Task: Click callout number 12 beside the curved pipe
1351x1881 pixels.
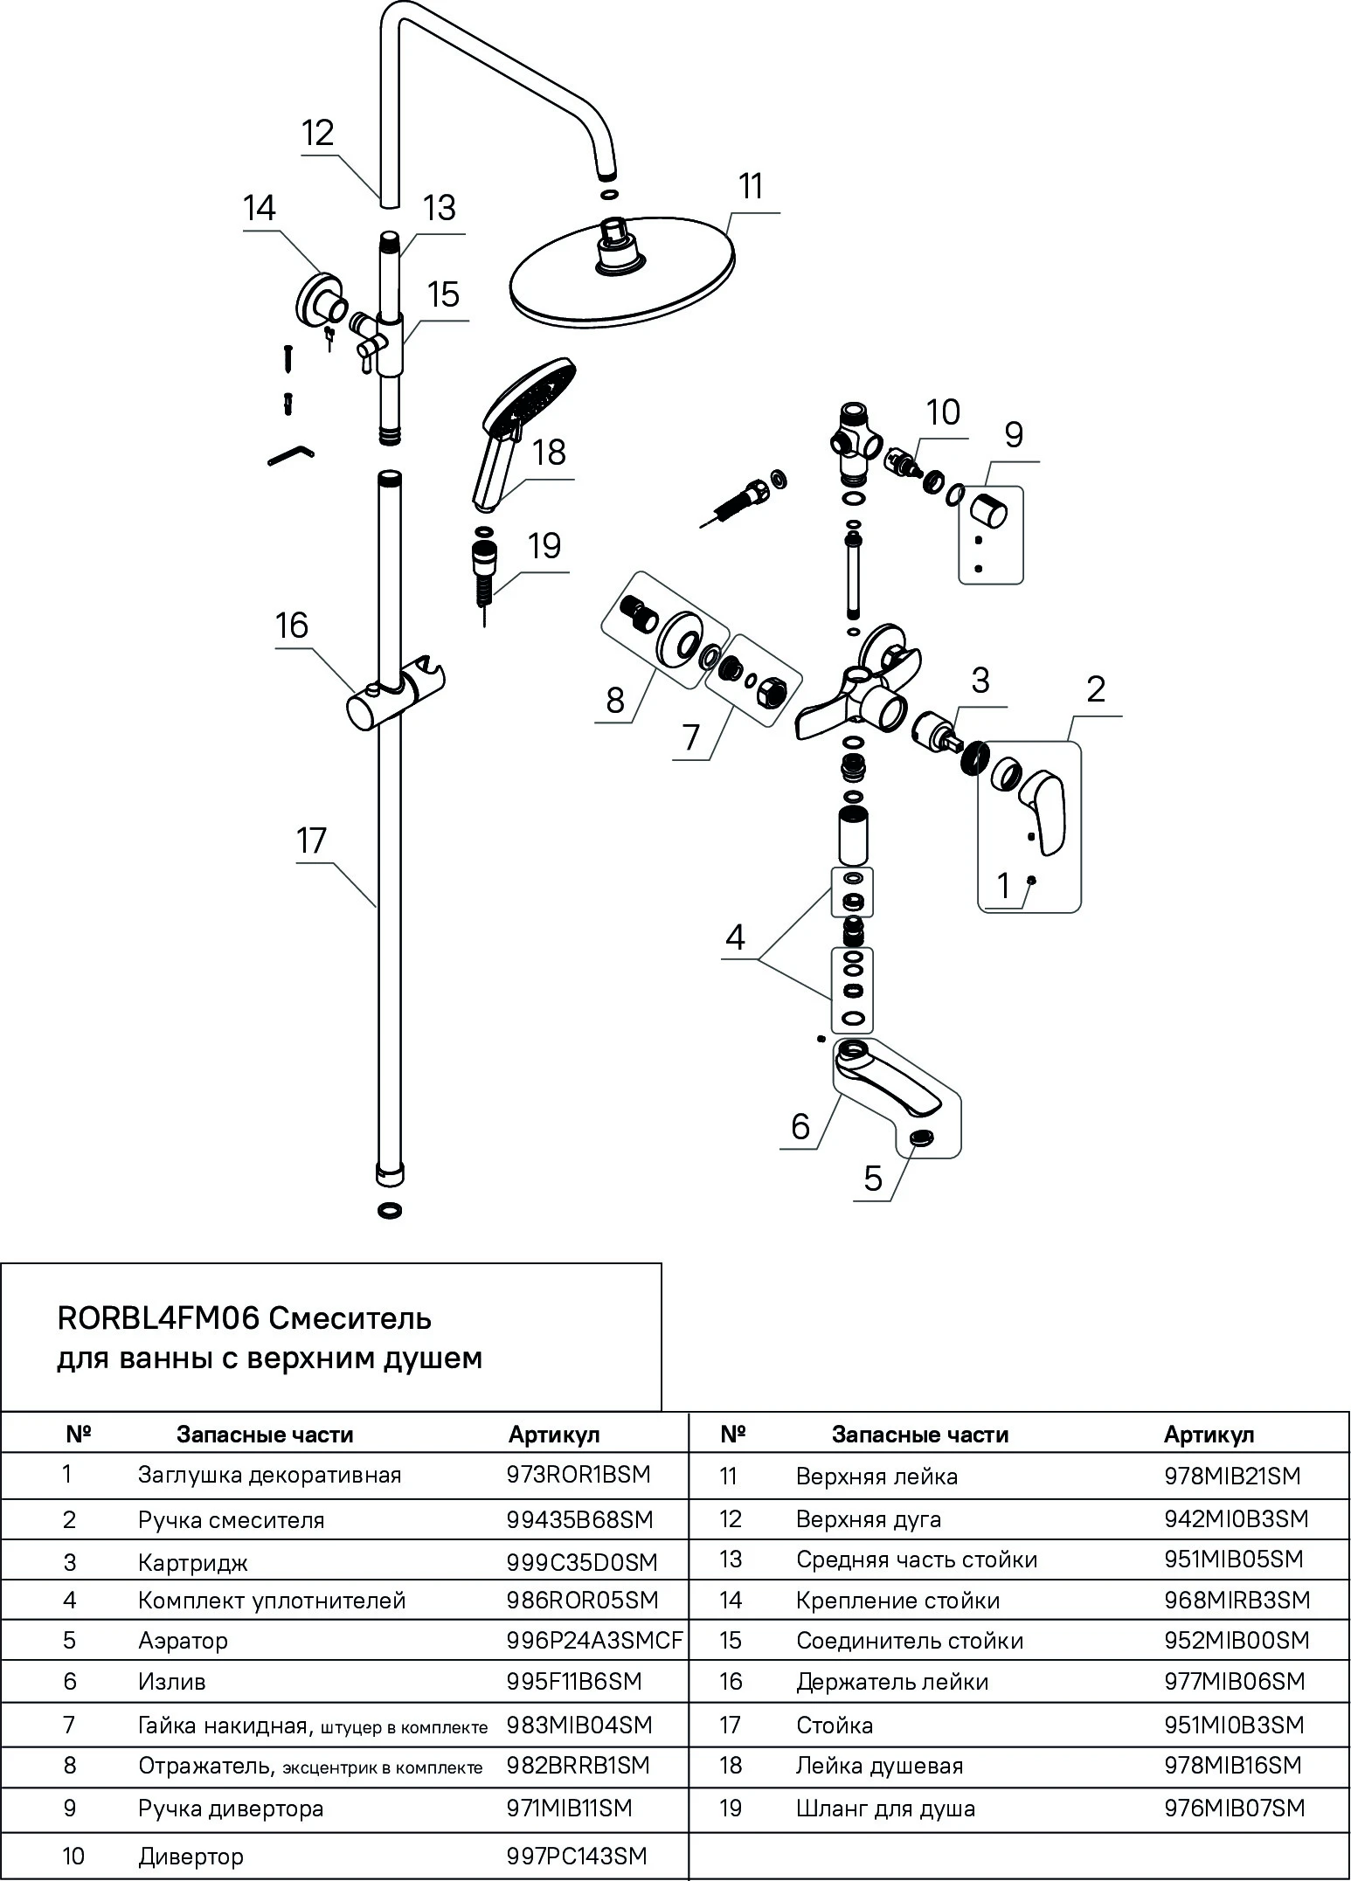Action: pos(318,134)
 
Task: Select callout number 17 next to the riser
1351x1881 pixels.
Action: pos(311,841)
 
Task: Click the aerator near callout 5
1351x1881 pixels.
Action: pos(920,1137)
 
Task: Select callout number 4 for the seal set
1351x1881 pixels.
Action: pos(735,937)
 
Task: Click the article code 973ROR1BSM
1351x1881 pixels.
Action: pos(579,1475)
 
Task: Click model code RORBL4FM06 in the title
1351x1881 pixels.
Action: pos(158,1317)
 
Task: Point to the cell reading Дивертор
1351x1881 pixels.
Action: pos(191,1857)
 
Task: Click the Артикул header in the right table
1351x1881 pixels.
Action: pos(1209,1435)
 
